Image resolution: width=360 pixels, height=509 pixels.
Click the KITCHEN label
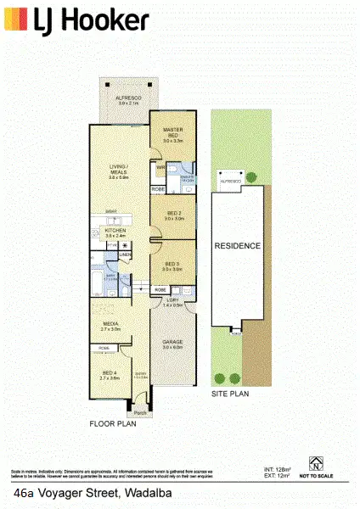point(115,230)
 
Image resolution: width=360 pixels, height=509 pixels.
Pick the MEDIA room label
point(111,323)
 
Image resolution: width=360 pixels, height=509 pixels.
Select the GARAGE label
point(173,343)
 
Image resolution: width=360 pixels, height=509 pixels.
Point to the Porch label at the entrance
point(139,412)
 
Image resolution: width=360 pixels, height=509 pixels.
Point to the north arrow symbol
point(315,461)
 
